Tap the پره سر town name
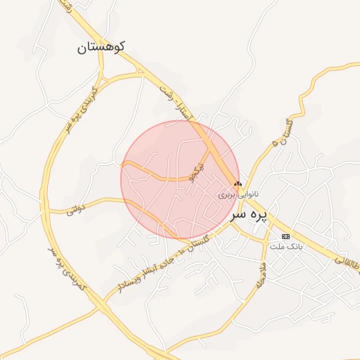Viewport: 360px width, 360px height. coord(251,211)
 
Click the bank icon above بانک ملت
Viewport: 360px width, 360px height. coord(285,236)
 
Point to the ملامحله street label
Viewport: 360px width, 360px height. coord(261,274)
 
